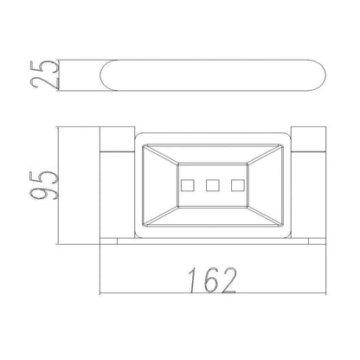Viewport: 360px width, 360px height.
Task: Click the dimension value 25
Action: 45,74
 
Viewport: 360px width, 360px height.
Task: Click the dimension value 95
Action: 45,185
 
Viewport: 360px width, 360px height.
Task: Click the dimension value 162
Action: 212,280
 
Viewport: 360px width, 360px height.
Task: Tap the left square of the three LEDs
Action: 188,185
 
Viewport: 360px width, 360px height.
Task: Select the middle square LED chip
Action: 213,185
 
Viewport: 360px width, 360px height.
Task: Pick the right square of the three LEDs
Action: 238,185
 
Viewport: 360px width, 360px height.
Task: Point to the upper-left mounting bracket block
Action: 117,138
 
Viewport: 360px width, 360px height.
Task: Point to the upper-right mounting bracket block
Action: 308,138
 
